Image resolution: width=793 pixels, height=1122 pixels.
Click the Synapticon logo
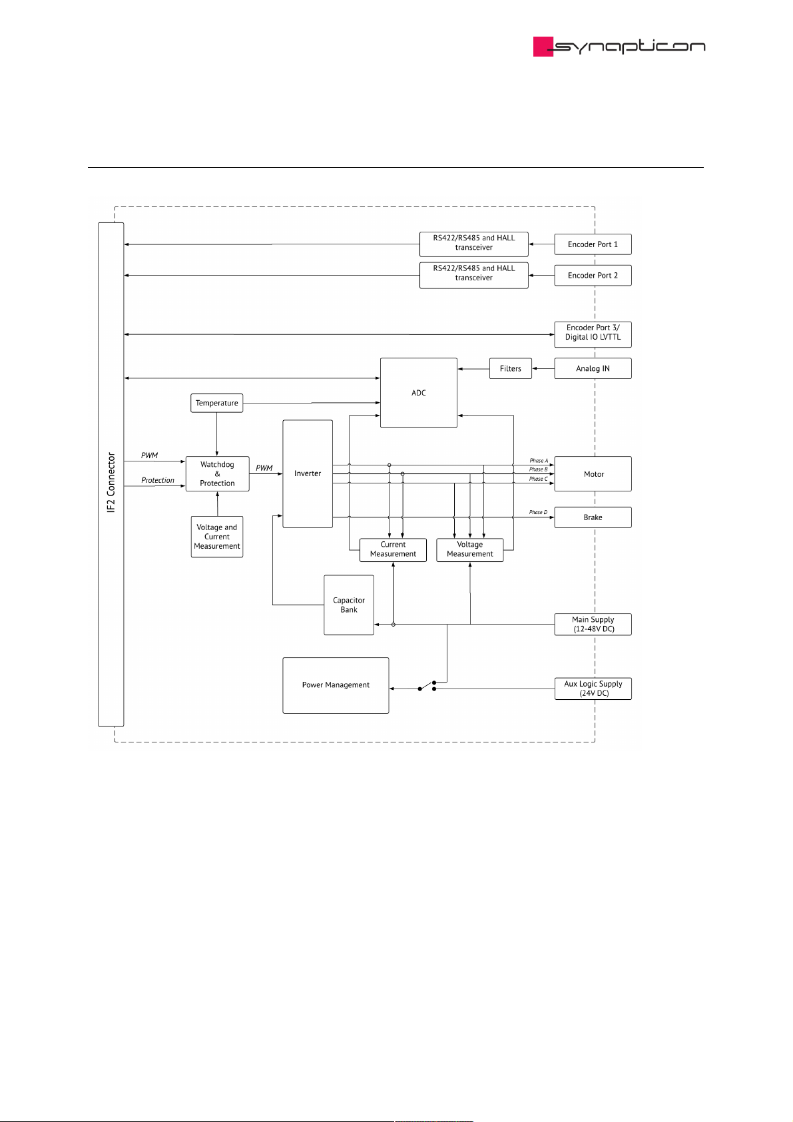619,46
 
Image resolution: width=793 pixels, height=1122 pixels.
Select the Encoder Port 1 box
593,244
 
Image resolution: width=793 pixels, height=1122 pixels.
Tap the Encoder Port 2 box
593,276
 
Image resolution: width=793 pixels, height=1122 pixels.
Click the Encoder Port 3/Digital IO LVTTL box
593,333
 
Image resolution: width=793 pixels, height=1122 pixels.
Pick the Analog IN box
593,369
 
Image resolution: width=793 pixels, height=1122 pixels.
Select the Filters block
511,369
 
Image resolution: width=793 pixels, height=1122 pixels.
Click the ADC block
419,393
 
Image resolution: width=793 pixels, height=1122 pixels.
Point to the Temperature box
217,404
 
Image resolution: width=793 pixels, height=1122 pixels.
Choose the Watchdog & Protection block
217,474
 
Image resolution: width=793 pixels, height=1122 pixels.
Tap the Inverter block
308,474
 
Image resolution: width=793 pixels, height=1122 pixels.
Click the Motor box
593,474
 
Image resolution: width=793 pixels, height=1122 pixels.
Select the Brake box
593,517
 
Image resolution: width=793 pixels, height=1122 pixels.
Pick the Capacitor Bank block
349,605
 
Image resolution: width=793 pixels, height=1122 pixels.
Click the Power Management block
336,685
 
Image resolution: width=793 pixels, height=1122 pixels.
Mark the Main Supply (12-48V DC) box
593,625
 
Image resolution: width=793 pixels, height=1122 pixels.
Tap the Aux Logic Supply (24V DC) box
593,689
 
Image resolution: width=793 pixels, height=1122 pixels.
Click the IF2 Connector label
111,483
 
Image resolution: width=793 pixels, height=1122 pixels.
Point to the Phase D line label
538,512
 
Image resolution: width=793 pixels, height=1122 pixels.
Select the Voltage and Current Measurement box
217,537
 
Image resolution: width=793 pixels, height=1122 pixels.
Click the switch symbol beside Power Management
427,686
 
